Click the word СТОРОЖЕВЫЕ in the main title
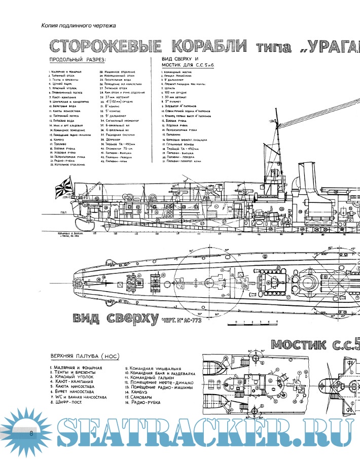click(x=104, y=48)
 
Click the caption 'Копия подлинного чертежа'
click(x=79, y=25)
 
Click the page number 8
click(x=32, y=433)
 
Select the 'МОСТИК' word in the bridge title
click(x=299, y=344)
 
